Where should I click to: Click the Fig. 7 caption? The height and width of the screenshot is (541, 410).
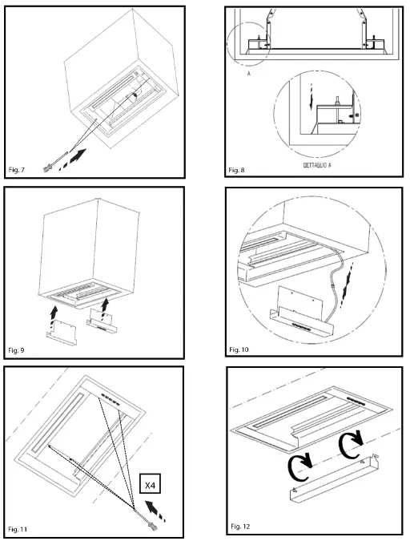17,170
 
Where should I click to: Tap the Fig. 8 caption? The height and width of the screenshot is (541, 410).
236,170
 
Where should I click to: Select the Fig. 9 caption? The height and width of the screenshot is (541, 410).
16,350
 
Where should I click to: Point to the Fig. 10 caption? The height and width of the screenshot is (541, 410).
239,349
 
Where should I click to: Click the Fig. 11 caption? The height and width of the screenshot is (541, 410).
18,529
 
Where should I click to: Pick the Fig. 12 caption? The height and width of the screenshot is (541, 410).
240,526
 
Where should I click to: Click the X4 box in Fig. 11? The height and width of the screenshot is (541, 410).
151,485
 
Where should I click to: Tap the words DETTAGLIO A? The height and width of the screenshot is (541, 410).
317,165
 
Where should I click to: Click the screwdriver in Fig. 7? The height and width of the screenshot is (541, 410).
55,161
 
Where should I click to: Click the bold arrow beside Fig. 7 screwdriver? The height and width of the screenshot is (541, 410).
72,159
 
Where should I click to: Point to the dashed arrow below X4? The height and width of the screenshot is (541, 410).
155,510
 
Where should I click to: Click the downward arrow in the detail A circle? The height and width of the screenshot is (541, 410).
311,97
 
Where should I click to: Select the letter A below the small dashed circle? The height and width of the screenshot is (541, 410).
248,74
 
